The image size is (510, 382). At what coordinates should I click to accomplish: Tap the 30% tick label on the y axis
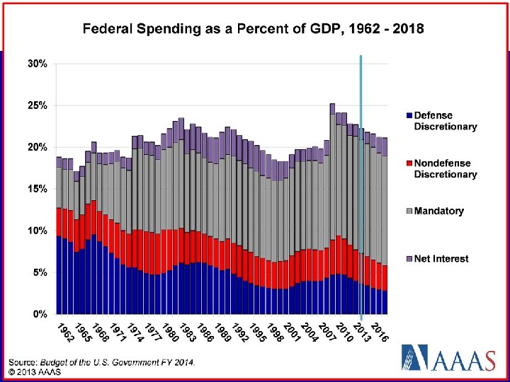[38, 64]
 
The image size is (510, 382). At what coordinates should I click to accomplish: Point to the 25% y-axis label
[38, 105]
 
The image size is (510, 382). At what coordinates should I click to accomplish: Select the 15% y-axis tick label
[38, 189]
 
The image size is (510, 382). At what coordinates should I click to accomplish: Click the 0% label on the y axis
[40, 313]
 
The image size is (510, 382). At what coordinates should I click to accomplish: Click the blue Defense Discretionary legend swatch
[409, 115]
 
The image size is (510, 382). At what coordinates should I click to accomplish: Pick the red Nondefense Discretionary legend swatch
[409, 163]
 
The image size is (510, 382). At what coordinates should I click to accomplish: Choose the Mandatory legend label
[439, 211]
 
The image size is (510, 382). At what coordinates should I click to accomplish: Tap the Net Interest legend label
[441, 259]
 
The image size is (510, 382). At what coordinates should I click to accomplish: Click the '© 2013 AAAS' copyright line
[34, 371]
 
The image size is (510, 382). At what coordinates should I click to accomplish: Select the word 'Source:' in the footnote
[23, 362]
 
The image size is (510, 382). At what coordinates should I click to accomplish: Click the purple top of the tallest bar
[332, 109]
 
